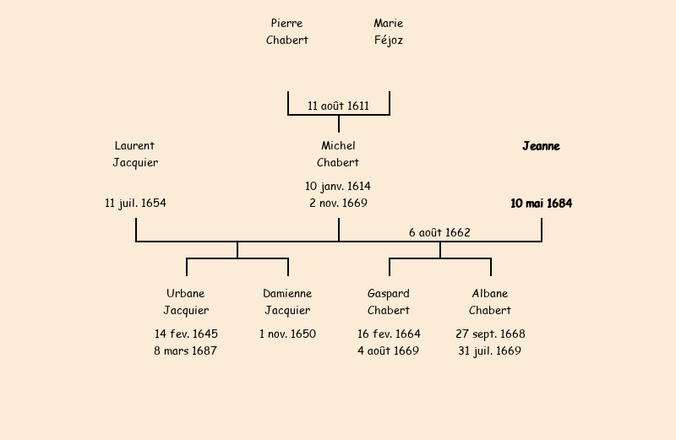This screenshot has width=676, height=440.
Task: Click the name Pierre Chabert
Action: point(287,31)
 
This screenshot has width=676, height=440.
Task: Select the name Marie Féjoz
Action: point(389,31)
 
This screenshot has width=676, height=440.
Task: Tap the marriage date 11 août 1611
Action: point(338,106)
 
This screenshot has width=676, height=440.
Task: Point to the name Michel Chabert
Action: point(338,154)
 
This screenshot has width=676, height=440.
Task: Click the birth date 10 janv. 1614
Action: point(338,186)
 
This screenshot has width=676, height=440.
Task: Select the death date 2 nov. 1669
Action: point(338,203)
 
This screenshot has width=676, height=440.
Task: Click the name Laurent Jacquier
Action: point(135,154)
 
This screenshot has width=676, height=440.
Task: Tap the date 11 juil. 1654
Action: point(135,203)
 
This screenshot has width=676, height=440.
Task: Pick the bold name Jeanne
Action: point(541,146)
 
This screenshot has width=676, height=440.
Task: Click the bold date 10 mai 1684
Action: point(541,203)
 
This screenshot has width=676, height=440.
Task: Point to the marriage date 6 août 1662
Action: point(439,232)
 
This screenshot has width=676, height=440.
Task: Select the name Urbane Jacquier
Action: point(186,301)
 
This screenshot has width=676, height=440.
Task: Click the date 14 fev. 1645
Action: point(186,334)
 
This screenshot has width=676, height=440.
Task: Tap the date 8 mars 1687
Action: point(186,350)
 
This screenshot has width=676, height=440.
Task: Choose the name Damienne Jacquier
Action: point(287,301)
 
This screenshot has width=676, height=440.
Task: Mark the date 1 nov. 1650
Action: point(287,334)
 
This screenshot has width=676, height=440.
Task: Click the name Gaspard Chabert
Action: point(389,301)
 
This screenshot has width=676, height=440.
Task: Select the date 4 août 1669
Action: point(389,350)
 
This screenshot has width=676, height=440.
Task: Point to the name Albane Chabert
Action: point(490,301)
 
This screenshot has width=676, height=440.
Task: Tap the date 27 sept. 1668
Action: point(490,334)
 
